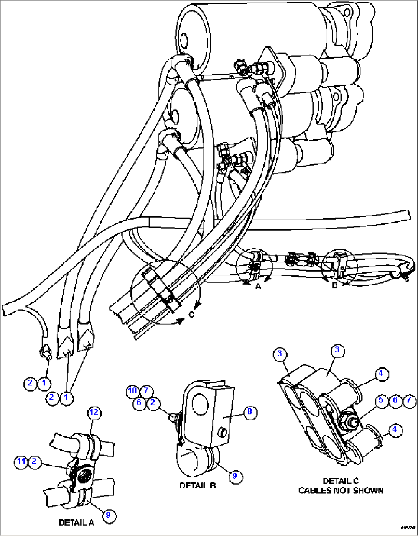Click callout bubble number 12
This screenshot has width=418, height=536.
94,412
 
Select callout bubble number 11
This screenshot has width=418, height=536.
21,461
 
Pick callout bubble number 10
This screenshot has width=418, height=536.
132,391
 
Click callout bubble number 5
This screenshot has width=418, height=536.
380,400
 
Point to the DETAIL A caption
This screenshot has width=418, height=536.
76,522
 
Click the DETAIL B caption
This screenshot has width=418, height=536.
197,485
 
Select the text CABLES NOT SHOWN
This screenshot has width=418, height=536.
341,491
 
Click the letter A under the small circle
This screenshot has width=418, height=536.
258,286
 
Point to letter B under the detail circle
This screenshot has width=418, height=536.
334,286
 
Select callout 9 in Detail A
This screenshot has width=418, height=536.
108,515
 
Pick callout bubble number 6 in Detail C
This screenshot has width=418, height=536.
395,400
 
